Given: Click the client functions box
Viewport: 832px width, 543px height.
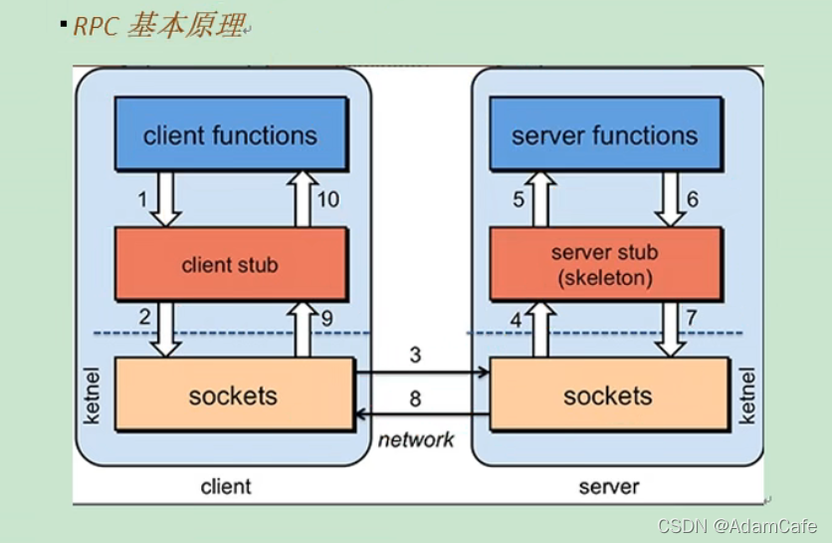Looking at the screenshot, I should pos(230,135).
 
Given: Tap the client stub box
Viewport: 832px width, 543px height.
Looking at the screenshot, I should pos(230,264).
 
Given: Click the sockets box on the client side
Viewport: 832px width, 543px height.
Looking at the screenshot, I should pos(233,396).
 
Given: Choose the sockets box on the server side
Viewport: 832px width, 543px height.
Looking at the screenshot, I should pos(607,396).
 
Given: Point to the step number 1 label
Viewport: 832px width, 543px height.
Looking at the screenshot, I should pos(142,199).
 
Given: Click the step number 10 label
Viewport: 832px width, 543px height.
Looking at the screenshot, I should pos(327,199).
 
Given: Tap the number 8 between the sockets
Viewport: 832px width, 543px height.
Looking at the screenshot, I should pos(415,399).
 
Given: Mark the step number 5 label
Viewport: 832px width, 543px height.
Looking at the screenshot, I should pos(519,199).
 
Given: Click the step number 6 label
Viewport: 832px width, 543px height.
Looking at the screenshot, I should pos(693,199).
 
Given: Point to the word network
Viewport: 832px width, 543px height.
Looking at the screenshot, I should pos(416,439).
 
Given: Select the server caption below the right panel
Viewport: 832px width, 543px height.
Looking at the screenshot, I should pos(609,486).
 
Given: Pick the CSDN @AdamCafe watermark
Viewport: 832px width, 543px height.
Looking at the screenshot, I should pos(737,526).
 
